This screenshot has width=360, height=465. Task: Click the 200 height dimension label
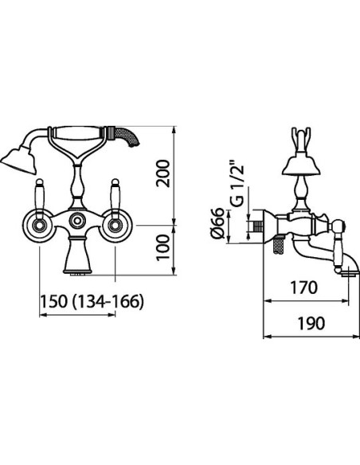click(x=164, y=174)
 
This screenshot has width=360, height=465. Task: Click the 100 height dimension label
click(x=164, y=248)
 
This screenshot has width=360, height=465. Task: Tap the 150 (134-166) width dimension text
click(x=92, y=302)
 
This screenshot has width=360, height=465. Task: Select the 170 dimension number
click(x=303, y=287)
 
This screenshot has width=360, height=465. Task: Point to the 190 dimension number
click(x=311, y=323)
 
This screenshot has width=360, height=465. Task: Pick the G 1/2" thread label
click(x=237, y=184)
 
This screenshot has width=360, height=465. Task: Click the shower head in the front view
click(x=18, y=160)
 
